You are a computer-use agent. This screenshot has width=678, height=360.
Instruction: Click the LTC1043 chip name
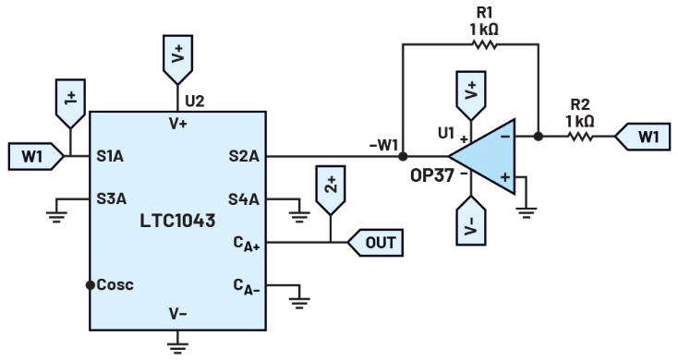177,221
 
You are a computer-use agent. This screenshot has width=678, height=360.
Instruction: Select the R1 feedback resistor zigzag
484,44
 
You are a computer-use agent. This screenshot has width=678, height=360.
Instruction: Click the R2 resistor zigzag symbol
580,136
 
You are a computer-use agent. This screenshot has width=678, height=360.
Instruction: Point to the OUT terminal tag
375,243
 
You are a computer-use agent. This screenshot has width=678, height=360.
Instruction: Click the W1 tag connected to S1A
36,156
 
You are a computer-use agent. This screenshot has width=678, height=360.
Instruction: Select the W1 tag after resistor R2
643,137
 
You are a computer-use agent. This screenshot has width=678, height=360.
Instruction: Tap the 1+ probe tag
70,103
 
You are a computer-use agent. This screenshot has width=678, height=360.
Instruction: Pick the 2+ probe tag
331,190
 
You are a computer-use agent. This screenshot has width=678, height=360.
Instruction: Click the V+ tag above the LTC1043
177,60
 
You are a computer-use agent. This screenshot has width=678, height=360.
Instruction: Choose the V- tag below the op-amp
471,221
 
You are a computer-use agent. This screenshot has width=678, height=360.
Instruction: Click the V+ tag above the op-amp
471,96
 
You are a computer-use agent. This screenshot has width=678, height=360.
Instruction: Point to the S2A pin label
244,156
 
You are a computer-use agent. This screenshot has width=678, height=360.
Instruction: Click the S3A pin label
112,198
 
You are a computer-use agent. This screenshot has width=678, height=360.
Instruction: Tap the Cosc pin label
115,285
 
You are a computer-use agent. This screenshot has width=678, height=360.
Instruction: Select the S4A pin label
244,199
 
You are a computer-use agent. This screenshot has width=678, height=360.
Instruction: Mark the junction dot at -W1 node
403,156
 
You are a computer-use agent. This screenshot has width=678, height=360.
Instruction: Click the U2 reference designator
194,102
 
